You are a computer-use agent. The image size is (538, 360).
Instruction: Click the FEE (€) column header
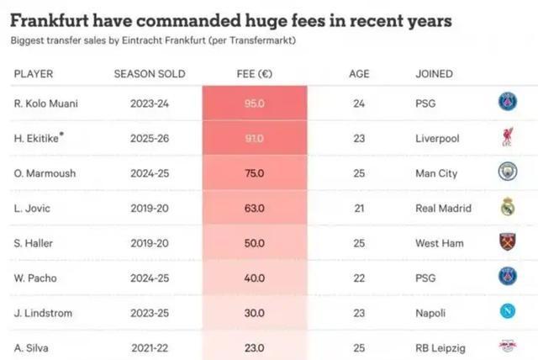click(254, 74)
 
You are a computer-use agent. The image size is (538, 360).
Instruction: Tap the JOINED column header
click(434, 74)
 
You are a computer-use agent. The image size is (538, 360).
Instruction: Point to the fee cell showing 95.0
click(254, 103)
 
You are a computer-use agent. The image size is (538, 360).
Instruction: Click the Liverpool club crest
click(507, 138)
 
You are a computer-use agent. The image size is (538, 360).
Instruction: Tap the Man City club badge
click(507, 173)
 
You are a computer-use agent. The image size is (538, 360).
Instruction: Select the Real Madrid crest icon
click(507, 208)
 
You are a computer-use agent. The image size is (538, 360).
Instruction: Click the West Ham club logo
click(507, 242)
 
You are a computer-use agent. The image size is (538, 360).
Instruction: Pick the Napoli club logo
click(507, 313)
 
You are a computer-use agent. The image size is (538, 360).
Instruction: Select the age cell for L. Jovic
click(359, 208)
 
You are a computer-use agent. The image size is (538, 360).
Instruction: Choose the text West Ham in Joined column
click(439, 243)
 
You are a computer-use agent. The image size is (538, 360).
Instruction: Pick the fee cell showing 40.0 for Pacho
click(254, 278)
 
